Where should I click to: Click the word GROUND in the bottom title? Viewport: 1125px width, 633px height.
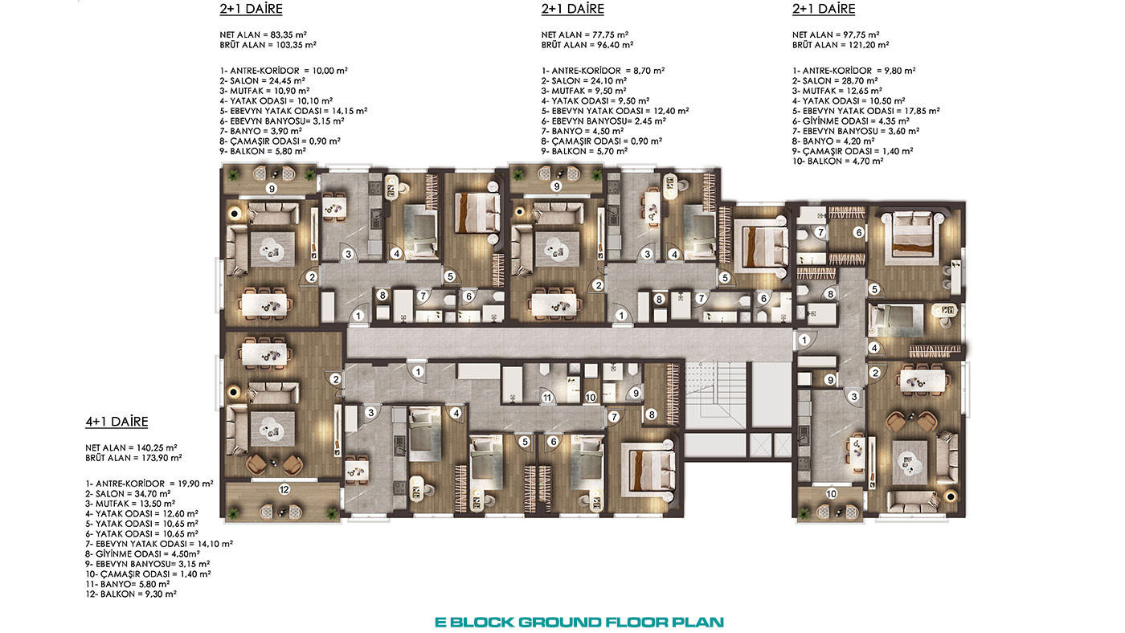[560, 623]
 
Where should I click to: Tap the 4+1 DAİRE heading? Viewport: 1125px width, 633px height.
[117, 422]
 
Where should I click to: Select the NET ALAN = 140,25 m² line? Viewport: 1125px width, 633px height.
[131, 447]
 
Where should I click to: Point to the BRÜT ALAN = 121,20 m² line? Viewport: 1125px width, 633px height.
[841, 45]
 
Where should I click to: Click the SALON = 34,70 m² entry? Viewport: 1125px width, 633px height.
[128, 493]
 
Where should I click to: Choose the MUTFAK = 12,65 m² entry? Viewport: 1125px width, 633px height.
[837, 91]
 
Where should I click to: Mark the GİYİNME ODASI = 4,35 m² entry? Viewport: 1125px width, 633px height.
[851, 121]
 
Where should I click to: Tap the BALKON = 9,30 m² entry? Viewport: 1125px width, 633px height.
[130, 594]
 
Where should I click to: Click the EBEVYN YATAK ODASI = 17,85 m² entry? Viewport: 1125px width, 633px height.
[866, 111]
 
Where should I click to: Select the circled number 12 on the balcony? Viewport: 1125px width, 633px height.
[284, 489]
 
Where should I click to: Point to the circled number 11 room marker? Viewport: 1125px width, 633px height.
[547, 398]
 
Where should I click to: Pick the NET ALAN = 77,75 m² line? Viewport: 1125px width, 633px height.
[585, 35]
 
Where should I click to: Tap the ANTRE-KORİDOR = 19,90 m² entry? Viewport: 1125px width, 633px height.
[149, 484]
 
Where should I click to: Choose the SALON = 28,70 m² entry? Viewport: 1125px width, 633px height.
[835, 81]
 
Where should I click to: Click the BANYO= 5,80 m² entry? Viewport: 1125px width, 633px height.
[127, 584]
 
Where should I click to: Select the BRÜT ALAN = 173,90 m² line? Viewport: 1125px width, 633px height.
[133, 458]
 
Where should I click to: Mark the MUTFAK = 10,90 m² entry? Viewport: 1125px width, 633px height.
[264, 91]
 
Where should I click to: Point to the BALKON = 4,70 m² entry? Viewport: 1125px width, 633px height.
[837, 161]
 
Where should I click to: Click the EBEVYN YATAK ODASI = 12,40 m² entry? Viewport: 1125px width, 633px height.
[615, 111]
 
